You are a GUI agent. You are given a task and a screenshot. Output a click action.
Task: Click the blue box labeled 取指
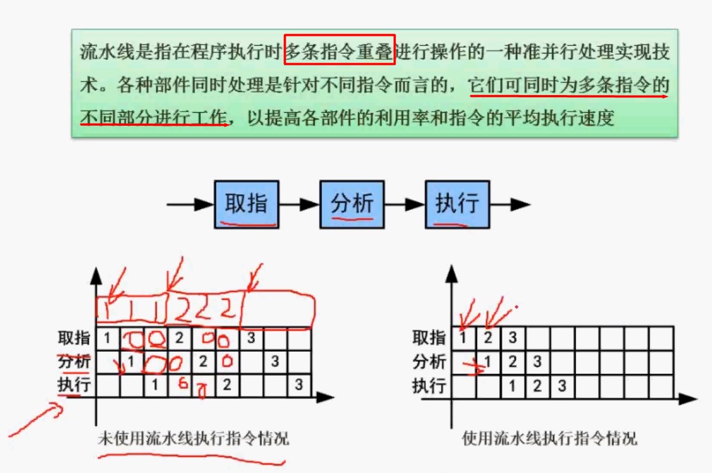pos(246,204)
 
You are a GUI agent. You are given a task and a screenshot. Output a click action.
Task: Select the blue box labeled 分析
pos(352,204)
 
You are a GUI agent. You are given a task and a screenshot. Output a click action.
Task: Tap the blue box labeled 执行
pos(457,204)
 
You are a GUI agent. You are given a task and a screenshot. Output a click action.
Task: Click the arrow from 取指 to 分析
pos(299,204)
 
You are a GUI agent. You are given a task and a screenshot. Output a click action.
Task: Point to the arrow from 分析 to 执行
pos(404,204)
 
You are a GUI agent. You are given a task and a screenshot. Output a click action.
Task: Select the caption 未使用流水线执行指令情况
pos(193,439)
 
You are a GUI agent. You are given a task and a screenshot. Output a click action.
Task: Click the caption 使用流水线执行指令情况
pos(549,439)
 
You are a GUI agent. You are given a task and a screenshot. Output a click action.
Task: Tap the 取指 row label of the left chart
pos(74,338)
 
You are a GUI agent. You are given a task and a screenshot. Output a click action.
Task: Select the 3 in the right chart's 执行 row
pos(562,386)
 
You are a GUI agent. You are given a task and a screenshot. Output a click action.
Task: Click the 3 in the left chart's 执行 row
pos(299,385)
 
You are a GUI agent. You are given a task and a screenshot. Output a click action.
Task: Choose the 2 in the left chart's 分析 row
pos(203,361)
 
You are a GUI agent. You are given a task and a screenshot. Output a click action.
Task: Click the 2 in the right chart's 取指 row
pos(488,338)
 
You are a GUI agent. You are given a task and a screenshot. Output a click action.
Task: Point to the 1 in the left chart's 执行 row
pos(155,385)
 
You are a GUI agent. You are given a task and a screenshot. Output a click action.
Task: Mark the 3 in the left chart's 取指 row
pos(251,338)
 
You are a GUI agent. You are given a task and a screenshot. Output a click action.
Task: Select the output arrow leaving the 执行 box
pos(509,204)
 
